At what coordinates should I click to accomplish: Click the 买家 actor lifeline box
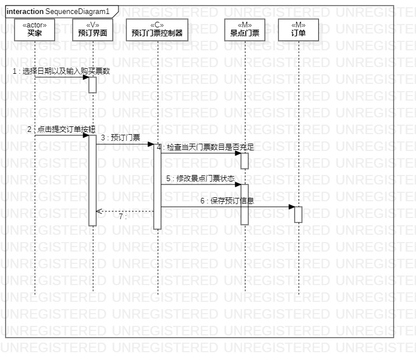35,30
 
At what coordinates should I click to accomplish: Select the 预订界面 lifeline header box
93,30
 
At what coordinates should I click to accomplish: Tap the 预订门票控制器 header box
157,30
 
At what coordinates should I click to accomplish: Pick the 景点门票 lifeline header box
245,30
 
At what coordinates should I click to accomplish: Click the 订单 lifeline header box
299,30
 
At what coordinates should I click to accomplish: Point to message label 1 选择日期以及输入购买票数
62,72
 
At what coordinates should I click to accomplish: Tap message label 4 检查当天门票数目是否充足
205,148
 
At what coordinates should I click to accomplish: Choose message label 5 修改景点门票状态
200,178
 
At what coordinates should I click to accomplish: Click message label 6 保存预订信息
228,201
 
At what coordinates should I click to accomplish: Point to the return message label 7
123,216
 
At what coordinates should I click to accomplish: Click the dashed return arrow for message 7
125,211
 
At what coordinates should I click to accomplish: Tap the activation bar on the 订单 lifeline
299,215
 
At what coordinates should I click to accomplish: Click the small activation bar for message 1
93,84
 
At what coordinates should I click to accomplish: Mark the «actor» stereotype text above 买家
35,25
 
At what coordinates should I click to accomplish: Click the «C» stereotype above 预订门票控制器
157,25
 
